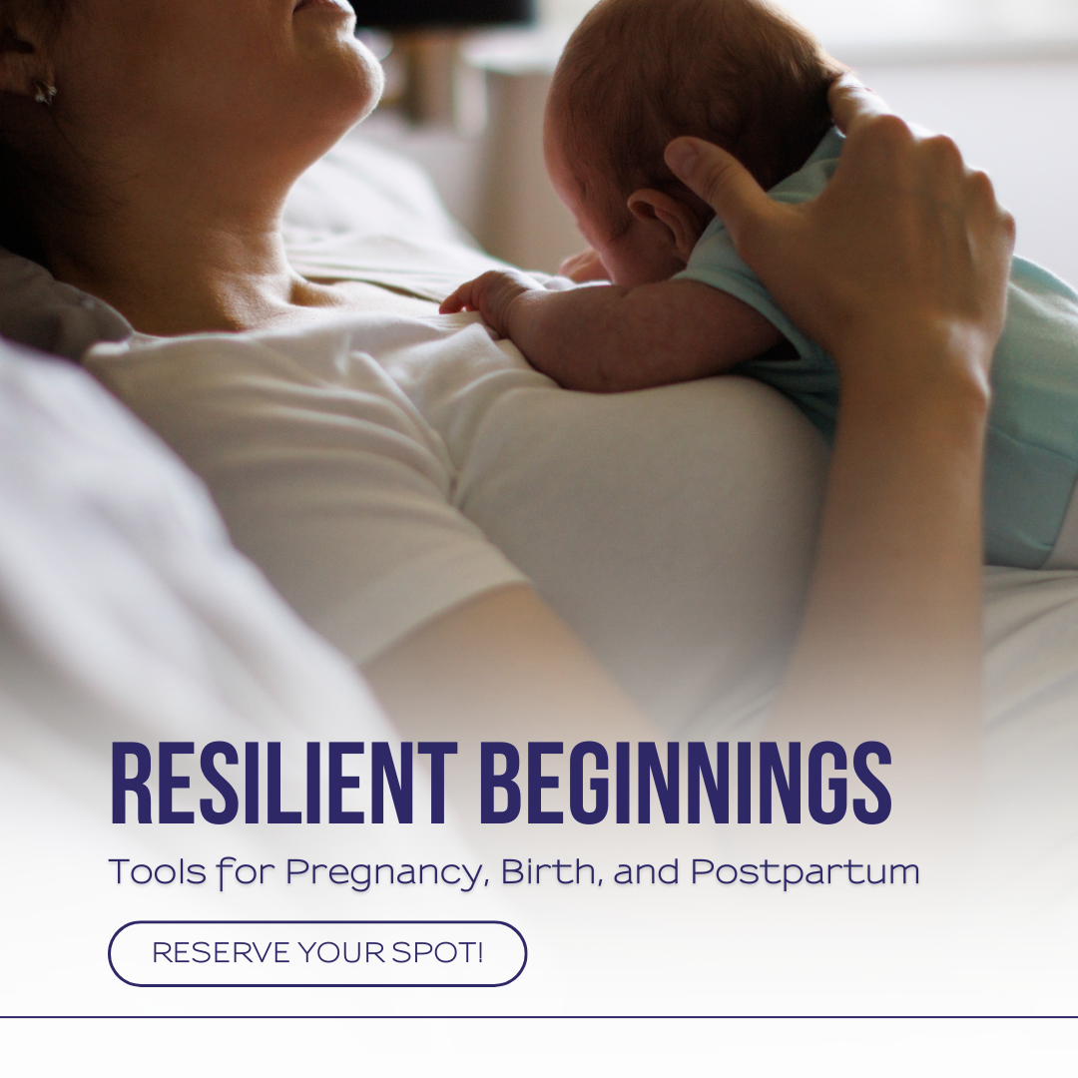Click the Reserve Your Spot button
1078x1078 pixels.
[x=317, y=953]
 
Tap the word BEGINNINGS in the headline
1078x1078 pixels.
[x=686, y=784]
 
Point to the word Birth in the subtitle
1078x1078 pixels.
[x=551, y=870]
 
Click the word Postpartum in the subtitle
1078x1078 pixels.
[x=806, y=872]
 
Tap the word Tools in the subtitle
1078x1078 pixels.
[x=158, y=871]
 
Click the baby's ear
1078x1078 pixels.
[x=657, y=219]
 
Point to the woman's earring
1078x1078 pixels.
[x=45, y=92]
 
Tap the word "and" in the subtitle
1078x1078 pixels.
[x=646, y=871]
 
